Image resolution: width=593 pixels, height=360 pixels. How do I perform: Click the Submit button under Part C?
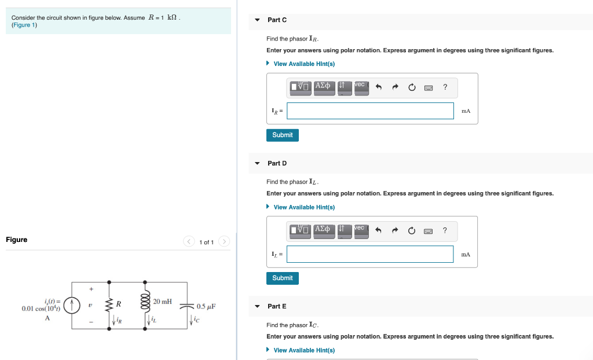(282, 135)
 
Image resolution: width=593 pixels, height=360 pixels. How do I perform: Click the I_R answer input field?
(370, 111)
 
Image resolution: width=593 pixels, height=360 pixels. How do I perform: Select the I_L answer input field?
(370, 254)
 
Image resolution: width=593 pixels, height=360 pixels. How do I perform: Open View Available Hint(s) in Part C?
(303, 64)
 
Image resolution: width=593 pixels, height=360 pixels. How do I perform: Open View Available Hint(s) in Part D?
(303, 207)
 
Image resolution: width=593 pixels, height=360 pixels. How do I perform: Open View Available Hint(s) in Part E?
(303, 350)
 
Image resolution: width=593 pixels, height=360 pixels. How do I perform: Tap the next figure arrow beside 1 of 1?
(225, 242)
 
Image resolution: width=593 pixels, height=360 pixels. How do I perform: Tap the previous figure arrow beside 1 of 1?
(189, 242)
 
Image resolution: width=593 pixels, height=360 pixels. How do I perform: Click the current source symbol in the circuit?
(72, 304)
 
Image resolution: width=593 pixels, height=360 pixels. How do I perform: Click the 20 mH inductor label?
(163, 302)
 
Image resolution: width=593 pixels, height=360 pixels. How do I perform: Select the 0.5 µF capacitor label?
(206, 306)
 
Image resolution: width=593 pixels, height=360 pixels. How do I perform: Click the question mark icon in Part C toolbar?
(445, 87)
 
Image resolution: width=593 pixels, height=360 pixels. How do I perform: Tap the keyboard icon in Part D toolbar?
(429, 231)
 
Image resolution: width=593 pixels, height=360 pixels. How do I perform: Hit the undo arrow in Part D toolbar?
(379, 231)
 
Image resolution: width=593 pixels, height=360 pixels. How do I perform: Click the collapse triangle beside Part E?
(258, 306)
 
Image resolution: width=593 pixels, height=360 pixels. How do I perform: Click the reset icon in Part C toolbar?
(412, 87)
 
